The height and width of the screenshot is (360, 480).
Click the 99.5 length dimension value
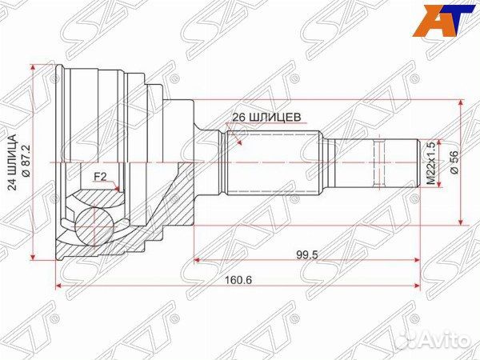point(306,254)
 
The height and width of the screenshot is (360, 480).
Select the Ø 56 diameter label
point(455,162)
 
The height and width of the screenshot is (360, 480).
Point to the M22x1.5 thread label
point(430,163)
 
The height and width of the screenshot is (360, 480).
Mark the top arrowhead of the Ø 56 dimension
point(462,103)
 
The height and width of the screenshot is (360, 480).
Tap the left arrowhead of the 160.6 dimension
point(58,285)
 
